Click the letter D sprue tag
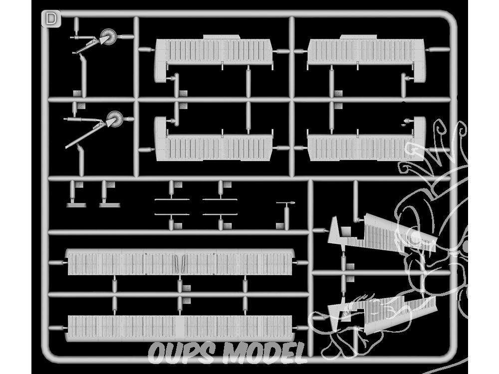pyautogui.click(x=51, y=19)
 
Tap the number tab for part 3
pyautogui.click(x=183, y=94)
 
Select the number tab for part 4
pyautogui.click(x=338, y=94)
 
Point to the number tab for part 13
pyautogui.click(x=280, y=226)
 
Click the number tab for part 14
pyautogui.click(x=187, y=288)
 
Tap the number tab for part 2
pyautogui.click(x=81, y=106)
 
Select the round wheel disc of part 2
pyautogui.click(x=115, y=119)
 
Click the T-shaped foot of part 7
pyautogui.click(x=76, y=205)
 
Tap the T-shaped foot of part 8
pyautogui.click(x=109, y=205)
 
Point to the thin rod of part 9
pyautogui.click(x=172, y=199)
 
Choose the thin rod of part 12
pyautogui.click(x=220, y=214)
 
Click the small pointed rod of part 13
pyautogui.click(x=285, y=203)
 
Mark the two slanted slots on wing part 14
pyautogui.click(x=180, y=264)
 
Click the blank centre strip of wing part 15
pyautogui.click(x=180, y=328)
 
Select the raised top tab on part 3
pyautogui.click(x=221, y=37)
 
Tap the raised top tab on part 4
pyautogui.click(x=358, y=37)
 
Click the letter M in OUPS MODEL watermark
pyautogui.click(x=236, y=353)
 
